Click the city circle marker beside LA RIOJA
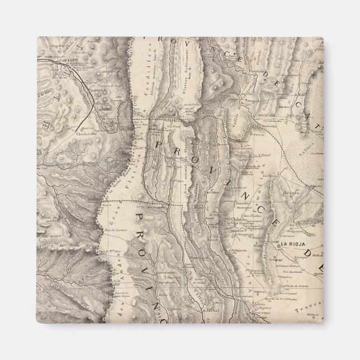click(x=278, y=245)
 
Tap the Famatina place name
click(x=243, y=197)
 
